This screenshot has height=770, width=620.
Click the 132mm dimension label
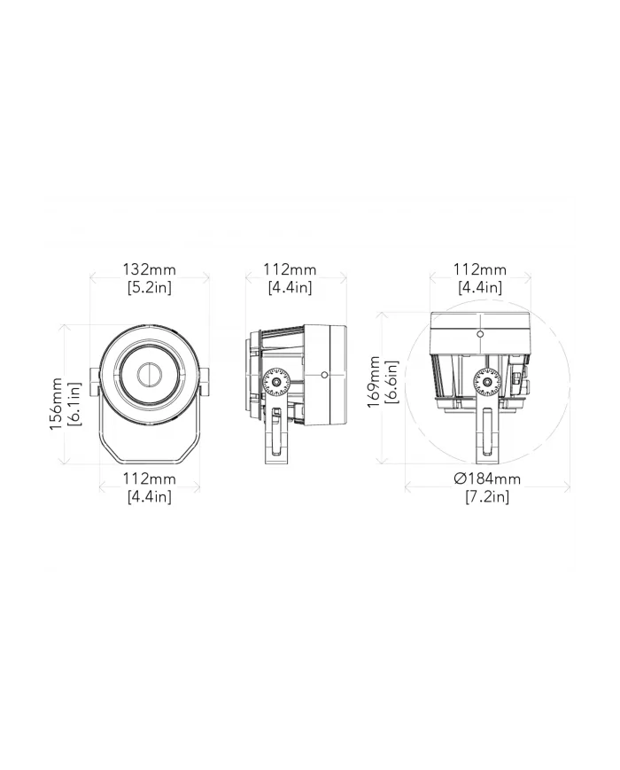coord(149,269)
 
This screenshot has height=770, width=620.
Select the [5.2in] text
coord(149,287)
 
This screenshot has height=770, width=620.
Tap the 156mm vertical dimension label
coord(56,404)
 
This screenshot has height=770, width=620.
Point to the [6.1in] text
coord(74,404)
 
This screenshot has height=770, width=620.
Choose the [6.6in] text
coord(392,381)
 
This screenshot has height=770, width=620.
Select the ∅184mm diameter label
coord(486,479)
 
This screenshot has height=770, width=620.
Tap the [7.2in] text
coord(486,497)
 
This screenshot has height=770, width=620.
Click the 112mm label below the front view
coord(149,479)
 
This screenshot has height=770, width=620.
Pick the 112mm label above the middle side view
coord(290,269)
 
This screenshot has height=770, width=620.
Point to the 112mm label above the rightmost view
coord(479,269)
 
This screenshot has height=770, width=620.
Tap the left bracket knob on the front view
coord(93,382)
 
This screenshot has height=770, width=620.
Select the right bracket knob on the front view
coord(205,382)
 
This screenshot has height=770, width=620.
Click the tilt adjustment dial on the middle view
coord(277,382)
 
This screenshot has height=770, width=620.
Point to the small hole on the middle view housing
coord(325,376)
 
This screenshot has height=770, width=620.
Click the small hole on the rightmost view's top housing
coord(479,334)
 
